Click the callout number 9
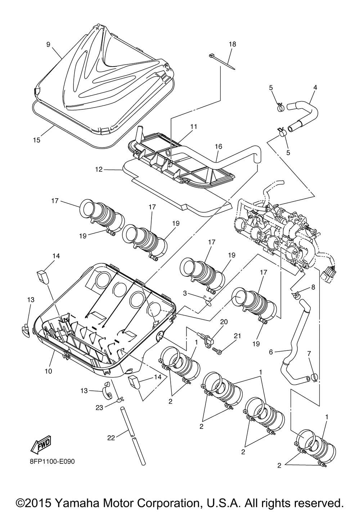(48, 44)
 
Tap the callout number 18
(232, 44)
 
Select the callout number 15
(37, 140)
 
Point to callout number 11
(193, 127)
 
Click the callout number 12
(99, 170)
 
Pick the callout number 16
(219, 146)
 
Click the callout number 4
(315, 87)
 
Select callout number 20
(224, 322)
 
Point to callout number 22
(111, 438)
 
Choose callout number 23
(99, 408)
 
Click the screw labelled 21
(217, 351)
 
